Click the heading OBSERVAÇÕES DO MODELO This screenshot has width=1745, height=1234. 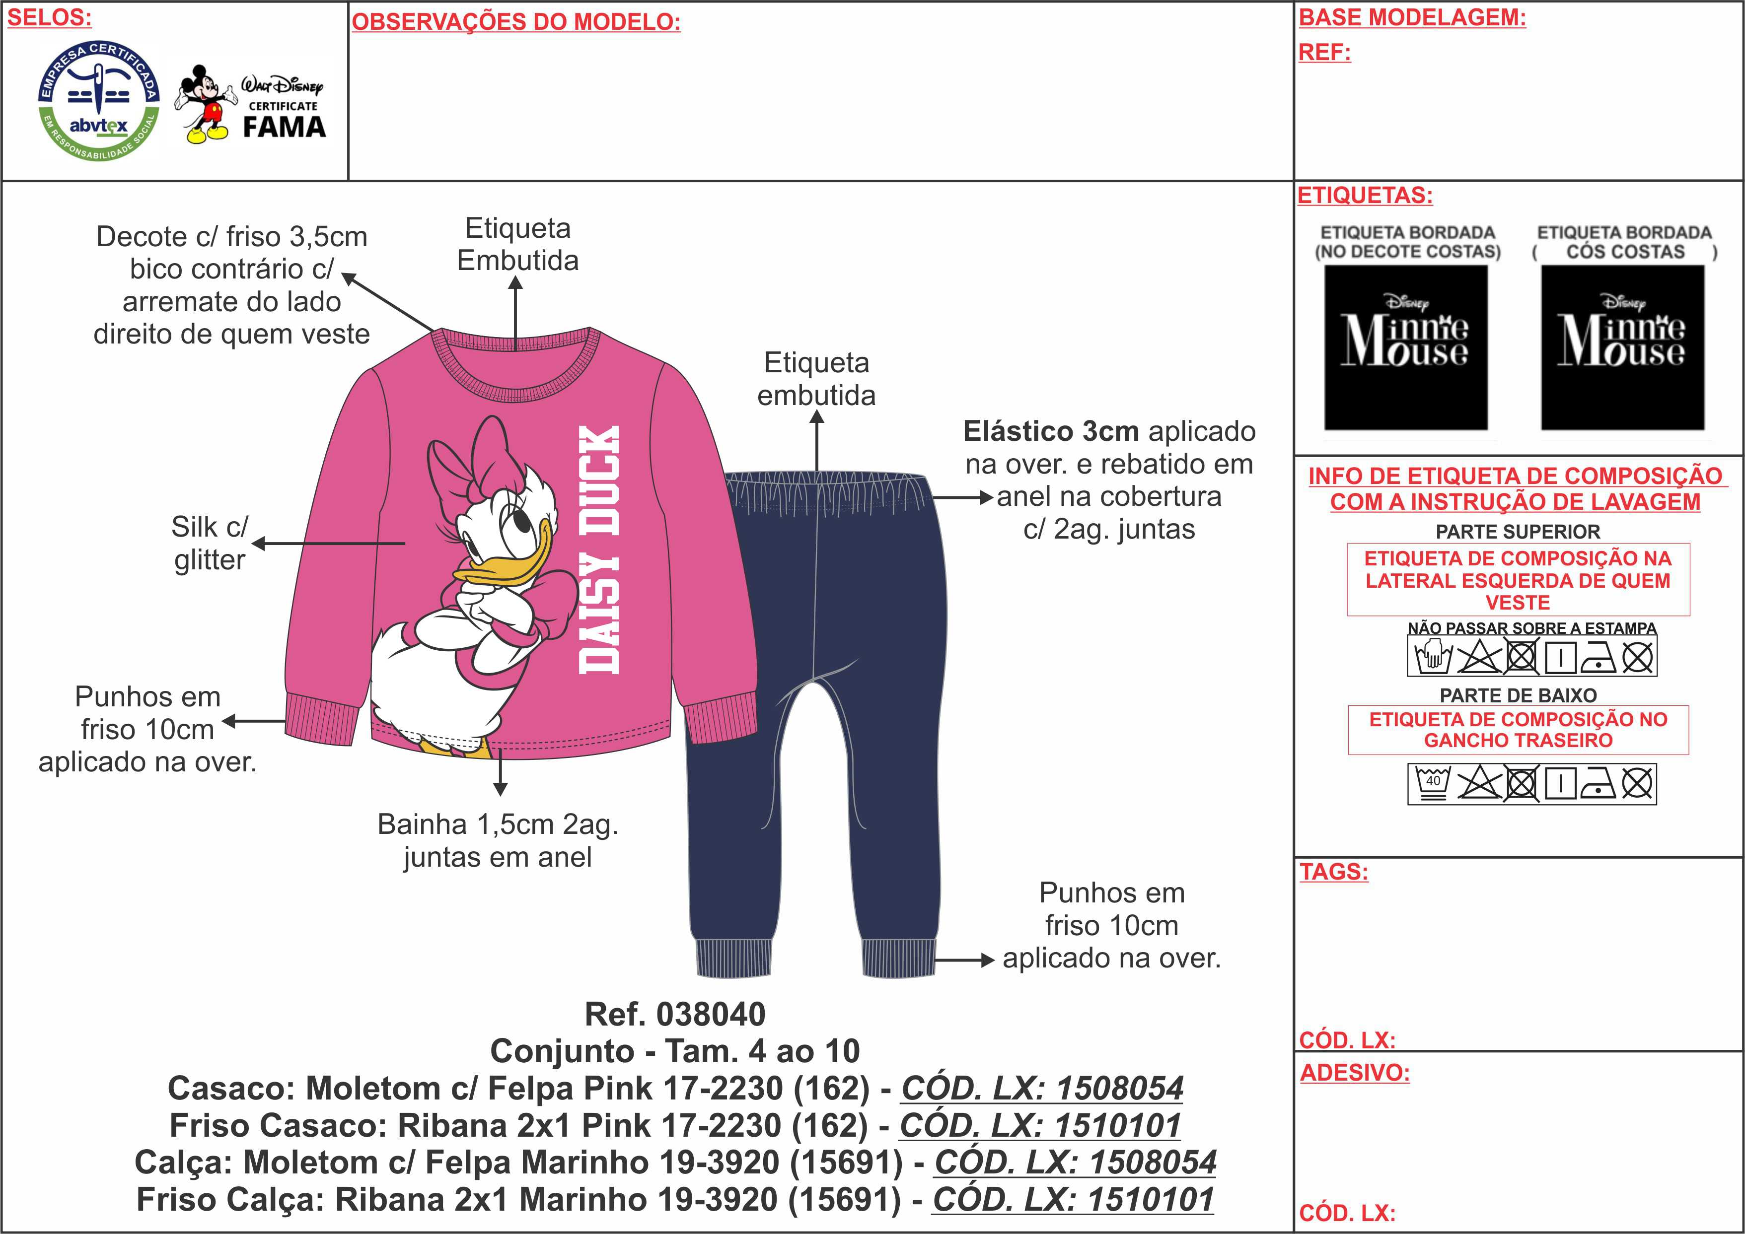tap(516, 22)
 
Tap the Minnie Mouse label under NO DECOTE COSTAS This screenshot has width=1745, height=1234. tap(1405, 347)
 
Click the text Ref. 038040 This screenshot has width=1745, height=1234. tap(675, 1015)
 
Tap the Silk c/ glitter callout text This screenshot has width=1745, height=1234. tap(210, 544)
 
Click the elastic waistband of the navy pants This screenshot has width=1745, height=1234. tap(826, 489)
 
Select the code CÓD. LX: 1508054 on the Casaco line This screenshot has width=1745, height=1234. tap(1042, 1088)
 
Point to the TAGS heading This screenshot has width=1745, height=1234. tap(1334, 872)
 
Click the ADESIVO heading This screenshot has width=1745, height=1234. tap(1354, 1072)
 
